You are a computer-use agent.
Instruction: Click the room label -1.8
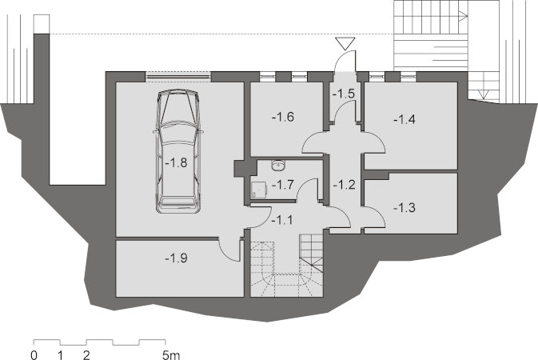[x=176, y=162]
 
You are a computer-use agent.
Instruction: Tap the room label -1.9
[x=176, y=258]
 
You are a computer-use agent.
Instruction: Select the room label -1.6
[x=283, y=117]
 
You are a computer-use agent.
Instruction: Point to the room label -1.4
[x=404, y=119]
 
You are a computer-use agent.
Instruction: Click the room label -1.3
[x=404, y=207]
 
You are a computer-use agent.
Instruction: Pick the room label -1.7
[x=283, y=185]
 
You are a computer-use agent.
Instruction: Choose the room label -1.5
[x=344, y=94]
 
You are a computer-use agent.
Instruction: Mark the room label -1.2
[x=344, y=185]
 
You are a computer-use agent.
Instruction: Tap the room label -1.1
[x=282, y=220]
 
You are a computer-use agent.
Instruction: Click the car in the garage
[x=177, y=151]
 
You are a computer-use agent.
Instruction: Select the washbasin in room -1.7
[x=277, y=166]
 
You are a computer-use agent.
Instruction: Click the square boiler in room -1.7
[x=259, y=190]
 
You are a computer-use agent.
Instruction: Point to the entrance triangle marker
[x=345, y=44]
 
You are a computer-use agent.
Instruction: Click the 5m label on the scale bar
[x=171, y=354]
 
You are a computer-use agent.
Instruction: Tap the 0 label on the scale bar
[x=34, y=354]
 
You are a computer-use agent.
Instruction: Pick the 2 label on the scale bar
[x=86, y=354]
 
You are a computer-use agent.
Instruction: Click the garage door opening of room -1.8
[x=177, y=77]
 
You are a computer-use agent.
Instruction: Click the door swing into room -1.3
[x=375, y=217]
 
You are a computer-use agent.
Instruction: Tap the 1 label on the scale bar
[x=61, y=354]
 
